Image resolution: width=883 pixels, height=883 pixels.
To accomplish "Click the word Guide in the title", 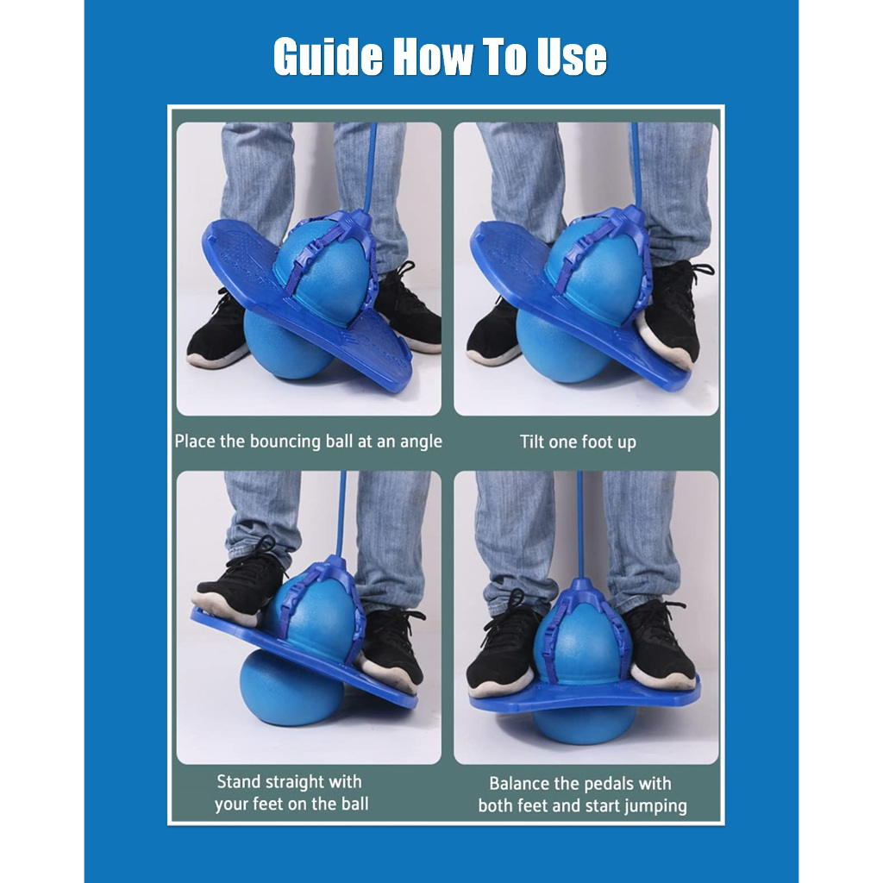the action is [x=328, y=57].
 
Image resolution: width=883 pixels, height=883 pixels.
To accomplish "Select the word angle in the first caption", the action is [x=421, y=441].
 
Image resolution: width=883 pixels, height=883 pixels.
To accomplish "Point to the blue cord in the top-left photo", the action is [x=370, y=168].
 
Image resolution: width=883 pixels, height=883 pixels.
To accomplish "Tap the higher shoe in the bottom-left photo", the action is [x=240, y=582].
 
